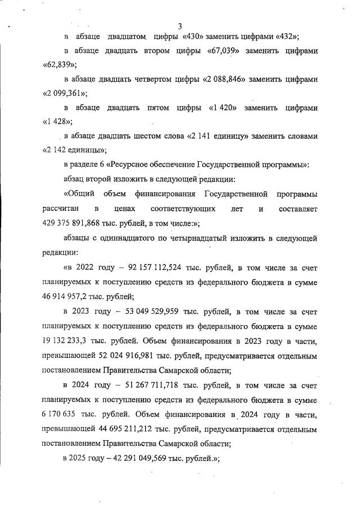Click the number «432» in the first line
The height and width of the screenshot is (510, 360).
pos(286,37)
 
